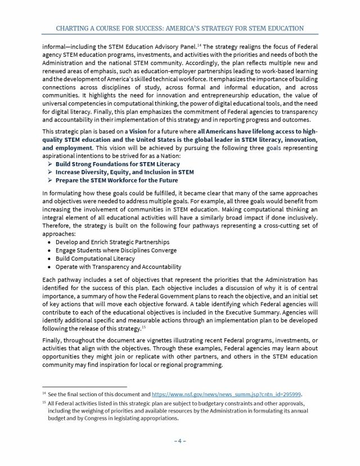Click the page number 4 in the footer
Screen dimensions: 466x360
click(x=180, y=440)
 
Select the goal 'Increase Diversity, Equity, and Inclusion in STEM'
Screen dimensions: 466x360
click(x=125, y=172)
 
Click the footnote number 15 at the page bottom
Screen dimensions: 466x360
click(x=44, y=403)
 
